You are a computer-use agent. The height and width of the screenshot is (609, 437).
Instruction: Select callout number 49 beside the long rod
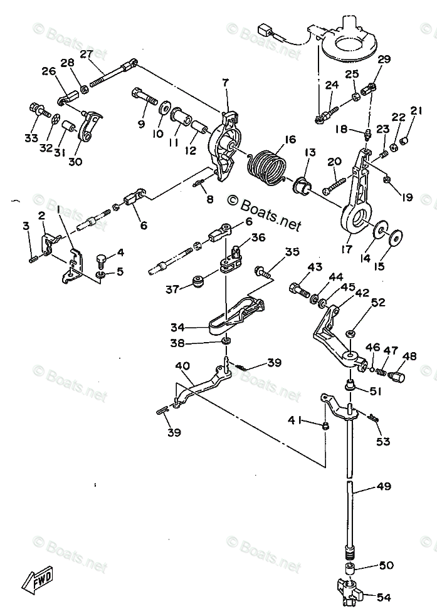pos(383,486)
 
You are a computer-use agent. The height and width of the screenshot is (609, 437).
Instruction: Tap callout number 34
pos(177,327)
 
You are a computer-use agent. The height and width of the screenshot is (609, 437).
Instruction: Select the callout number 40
pos(182,365)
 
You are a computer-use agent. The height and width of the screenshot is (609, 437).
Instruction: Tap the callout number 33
pos(31,138)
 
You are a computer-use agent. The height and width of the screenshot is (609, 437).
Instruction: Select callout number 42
pos(362,292)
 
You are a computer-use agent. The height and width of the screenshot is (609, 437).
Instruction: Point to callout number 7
pos(225,81)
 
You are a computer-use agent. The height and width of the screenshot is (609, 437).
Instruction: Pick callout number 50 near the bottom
pos(386,565)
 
